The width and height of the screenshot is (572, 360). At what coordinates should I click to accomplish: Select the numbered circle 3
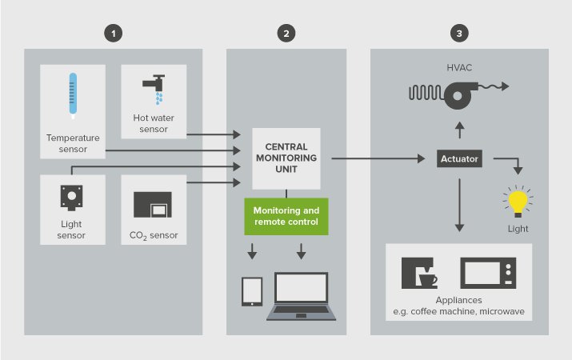pos(458,34)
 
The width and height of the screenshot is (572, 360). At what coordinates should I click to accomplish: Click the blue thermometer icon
pos(73,96)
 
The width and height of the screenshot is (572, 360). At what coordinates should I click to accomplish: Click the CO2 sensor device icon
pos(153,204)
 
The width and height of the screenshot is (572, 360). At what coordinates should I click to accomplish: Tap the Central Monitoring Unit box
pos(286,158)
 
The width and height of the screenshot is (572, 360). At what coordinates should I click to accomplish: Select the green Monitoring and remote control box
pos(286,215)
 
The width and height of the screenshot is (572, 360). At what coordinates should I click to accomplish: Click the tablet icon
pos(252,291)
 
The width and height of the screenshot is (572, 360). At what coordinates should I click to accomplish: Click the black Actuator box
pos(459,158)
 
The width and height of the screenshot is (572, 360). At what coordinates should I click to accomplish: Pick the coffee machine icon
pos(419,273)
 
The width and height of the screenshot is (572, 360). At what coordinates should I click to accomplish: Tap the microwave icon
pos(488,272)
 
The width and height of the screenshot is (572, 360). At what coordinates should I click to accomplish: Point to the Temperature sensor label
pos(73,142)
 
